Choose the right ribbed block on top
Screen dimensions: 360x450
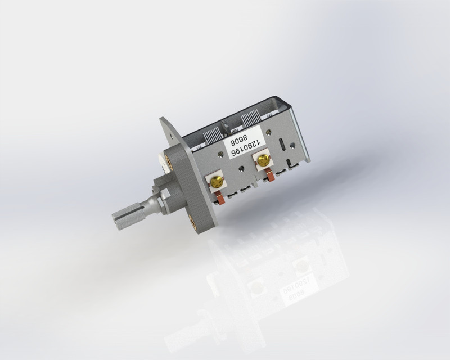[x=250, y=120]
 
